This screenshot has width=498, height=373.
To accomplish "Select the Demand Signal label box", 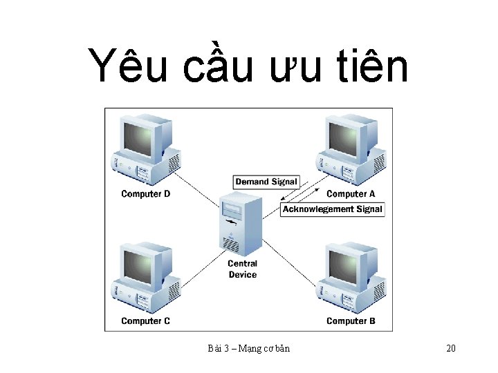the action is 266,182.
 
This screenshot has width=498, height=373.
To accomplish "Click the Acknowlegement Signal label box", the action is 332,209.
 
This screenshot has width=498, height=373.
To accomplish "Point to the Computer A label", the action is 351,194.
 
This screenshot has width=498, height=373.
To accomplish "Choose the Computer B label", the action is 351,321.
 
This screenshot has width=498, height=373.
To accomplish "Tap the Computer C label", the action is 145,321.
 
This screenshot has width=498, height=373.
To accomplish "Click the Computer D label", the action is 145,194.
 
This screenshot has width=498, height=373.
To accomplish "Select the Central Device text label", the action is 242,269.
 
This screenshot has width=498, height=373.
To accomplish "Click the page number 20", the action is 451,348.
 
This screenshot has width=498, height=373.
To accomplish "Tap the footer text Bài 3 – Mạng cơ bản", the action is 248,348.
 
